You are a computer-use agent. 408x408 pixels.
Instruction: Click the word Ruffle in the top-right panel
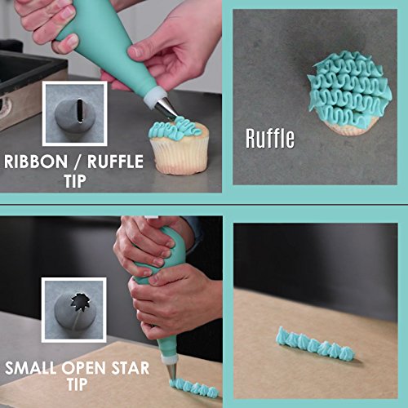[270, 138]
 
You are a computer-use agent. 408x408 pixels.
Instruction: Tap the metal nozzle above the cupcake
[166, 106]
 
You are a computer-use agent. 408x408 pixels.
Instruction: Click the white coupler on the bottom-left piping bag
[168, 358]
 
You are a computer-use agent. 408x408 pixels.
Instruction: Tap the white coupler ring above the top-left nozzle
[152, 97]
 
